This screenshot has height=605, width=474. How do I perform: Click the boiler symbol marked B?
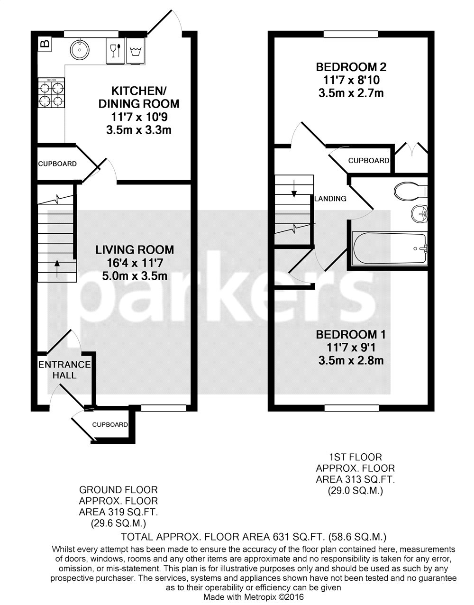tap(45, 44)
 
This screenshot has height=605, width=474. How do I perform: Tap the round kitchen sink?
tap(80, 48)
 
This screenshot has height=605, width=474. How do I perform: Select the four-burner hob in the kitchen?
tap(52, 94)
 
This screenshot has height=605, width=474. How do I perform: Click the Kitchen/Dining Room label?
tap(138, 97)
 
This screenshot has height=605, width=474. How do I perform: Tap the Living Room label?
tap(135, 250)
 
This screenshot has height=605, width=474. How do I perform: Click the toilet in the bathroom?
tap(410, 191)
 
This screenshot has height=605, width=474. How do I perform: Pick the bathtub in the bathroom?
tap(390, 248)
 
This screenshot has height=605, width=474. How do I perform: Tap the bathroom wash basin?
tap(419, 214)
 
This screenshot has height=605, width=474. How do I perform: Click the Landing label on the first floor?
tap(331, 199)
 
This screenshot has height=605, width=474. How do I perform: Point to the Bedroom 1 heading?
tap(351, 335)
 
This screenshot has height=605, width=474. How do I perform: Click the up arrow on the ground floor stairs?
tap(57, 268)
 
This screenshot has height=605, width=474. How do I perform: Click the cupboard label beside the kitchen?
tap(57, 164)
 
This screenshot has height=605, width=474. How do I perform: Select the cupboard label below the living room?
tap(110, 425)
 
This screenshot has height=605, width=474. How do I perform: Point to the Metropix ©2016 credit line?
tap(254, 597)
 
